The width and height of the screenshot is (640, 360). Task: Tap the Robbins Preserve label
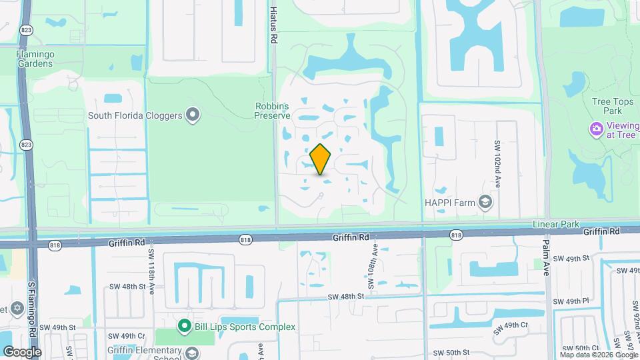click(272, 110)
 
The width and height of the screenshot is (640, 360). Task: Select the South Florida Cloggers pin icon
click(193, 115)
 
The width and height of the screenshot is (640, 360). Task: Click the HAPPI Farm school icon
click(486, 201)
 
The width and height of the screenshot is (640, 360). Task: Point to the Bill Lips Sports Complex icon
click(184, 326)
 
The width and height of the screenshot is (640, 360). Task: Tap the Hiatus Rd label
click(273, 27)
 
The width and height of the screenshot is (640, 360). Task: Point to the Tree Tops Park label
click(607, 106)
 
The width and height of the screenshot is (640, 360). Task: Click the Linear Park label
click(556, 225)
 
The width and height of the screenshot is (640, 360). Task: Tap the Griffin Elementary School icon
click(193, 352)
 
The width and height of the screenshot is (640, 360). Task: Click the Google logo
click(21, 351)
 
